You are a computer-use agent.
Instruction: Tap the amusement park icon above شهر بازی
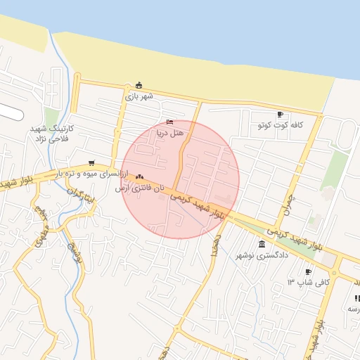click(139, 86)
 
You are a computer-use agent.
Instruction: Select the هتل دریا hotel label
click(169, 131)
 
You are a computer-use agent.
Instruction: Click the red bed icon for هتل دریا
click(169, 122)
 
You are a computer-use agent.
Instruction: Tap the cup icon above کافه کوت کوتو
click(280, 115)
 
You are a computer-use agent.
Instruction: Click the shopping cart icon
click(91, 163)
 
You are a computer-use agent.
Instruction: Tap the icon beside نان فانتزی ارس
click(140, 176)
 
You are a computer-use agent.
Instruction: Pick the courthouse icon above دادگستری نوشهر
click(262, 245)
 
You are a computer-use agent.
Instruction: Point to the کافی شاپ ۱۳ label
click(300, 282)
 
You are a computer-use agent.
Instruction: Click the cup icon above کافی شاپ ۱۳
click(308, 272)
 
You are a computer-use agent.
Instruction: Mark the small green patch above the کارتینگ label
click(51, 116)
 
